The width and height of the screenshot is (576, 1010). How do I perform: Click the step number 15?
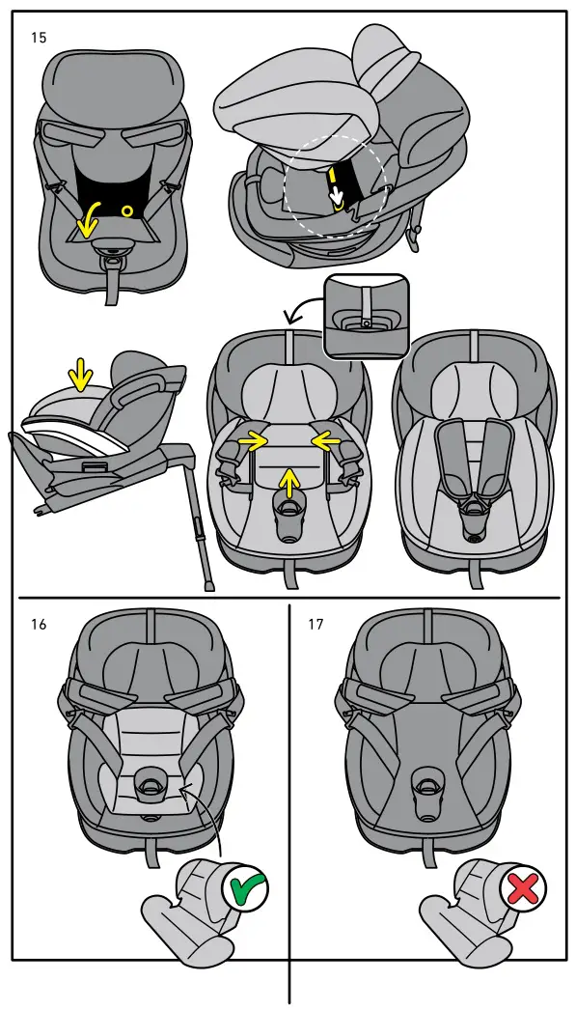(x=39, y=37)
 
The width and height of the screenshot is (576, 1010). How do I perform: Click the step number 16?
(x=39, y=624)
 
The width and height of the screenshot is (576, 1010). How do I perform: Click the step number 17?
(x=315, y=624)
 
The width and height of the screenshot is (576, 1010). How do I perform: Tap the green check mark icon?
(x=245, y=888)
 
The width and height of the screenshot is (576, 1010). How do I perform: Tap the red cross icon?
(x=522, y=888)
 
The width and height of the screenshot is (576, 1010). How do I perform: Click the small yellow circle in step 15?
(x=126, y=210)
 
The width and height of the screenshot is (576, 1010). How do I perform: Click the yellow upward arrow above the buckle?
(x=288, y=478)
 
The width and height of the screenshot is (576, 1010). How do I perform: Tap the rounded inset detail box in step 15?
(x=367, y=315)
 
